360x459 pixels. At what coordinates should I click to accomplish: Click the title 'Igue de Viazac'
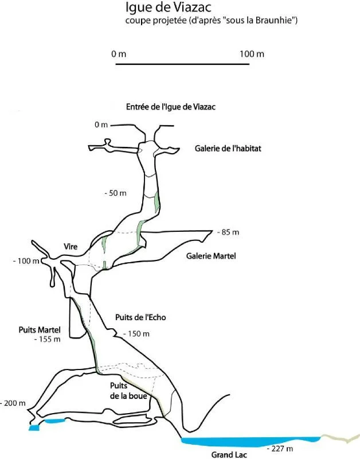[x=168, y=7]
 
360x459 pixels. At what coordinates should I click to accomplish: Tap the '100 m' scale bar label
[x=252, y=54]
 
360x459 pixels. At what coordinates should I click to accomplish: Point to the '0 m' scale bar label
[x=119, y=54]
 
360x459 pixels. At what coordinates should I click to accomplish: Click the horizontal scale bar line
[x=182, y=64]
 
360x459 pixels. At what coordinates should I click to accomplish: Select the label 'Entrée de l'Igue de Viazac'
[x=171, y=107]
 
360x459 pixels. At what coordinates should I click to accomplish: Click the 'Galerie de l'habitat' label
[x=228, y=149]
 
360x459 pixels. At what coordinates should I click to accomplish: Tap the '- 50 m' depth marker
[x=116, y=193]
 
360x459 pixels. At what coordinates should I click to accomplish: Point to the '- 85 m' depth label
[x=228, y=232]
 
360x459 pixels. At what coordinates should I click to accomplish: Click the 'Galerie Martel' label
[x=211, y=256]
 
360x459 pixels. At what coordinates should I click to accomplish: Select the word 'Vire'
[x=71, y=247]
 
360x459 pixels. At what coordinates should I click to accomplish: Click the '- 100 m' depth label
[x=26, y=261]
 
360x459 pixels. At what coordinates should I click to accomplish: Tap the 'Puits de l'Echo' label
[x=140, y=317]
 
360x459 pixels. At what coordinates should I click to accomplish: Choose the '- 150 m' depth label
[x=136, y=334]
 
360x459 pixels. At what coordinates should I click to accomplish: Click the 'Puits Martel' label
[x=40, y=330]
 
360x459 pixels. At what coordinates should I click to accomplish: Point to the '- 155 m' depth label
[x=48, y=339]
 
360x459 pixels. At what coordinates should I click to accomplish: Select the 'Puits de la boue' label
[x=128, y=391]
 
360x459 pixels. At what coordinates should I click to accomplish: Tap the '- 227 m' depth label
[x=280, y=449]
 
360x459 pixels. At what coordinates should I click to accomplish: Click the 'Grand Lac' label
[x=229, y=454]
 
